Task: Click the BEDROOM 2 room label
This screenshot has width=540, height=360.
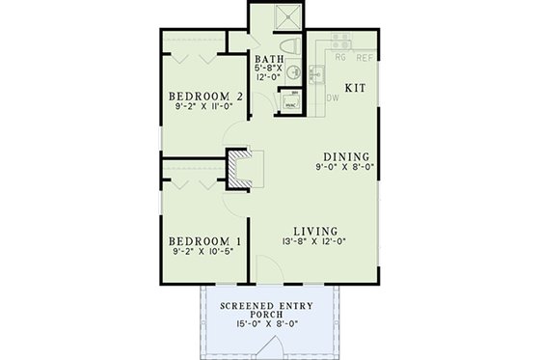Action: click(x=203, y=97)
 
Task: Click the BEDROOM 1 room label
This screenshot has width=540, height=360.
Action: click(x=203, y=240)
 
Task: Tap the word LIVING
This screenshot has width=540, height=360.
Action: click(x=315, y=232)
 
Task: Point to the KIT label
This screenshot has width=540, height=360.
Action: click(x=356, y=86)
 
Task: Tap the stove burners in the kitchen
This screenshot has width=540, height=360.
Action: click(x=340, y=42)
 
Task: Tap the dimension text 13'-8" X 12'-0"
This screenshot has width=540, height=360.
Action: click(x=315, y=242)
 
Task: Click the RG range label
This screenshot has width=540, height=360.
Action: click(x=339, y=57)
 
